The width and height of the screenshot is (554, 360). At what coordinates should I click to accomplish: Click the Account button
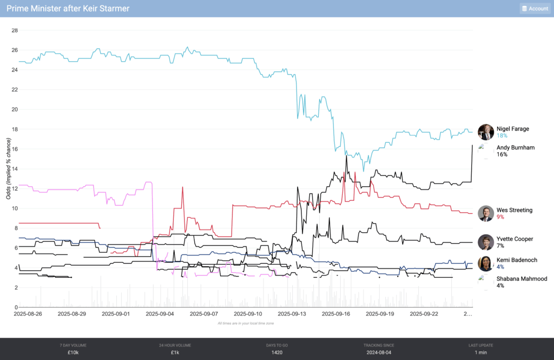coord(535,9)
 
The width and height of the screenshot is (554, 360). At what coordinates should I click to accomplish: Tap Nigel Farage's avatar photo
coord(486,132)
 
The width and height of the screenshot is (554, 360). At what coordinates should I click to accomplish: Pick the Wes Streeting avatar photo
coord(486,213)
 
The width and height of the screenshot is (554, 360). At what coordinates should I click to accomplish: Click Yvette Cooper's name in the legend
coord(515,239)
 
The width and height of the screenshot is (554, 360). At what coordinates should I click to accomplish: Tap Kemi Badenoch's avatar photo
coord(486,263)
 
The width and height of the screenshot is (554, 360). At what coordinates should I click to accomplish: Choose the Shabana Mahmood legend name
coord(522,279)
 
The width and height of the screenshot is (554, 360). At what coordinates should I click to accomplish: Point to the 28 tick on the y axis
coord(15,30)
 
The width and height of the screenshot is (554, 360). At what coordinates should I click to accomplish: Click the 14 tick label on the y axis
coord(15,169)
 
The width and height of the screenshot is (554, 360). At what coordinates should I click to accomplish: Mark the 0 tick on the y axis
coord(16,307)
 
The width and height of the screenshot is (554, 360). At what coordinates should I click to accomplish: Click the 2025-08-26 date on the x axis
coord(28,313)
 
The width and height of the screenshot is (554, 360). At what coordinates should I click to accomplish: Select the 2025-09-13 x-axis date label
coord(292,313)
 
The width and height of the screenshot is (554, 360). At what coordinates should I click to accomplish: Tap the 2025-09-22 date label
coord(424,313)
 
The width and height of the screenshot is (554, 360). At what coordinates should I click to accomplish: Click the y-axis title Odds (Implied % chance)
coord(9,168)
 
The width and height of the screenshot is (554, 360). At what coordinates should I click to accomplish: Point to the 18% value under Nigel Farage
coord(502,136)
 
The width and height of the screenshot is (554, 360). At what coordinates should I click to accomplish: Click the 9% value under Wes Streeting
coord(500,217)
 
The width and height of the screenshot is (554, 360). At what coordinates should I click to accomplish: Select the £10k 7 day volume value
coord(73,352)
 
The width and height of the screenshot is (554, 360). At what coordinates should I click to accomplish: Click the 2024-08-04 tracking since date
coord(379,352)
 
